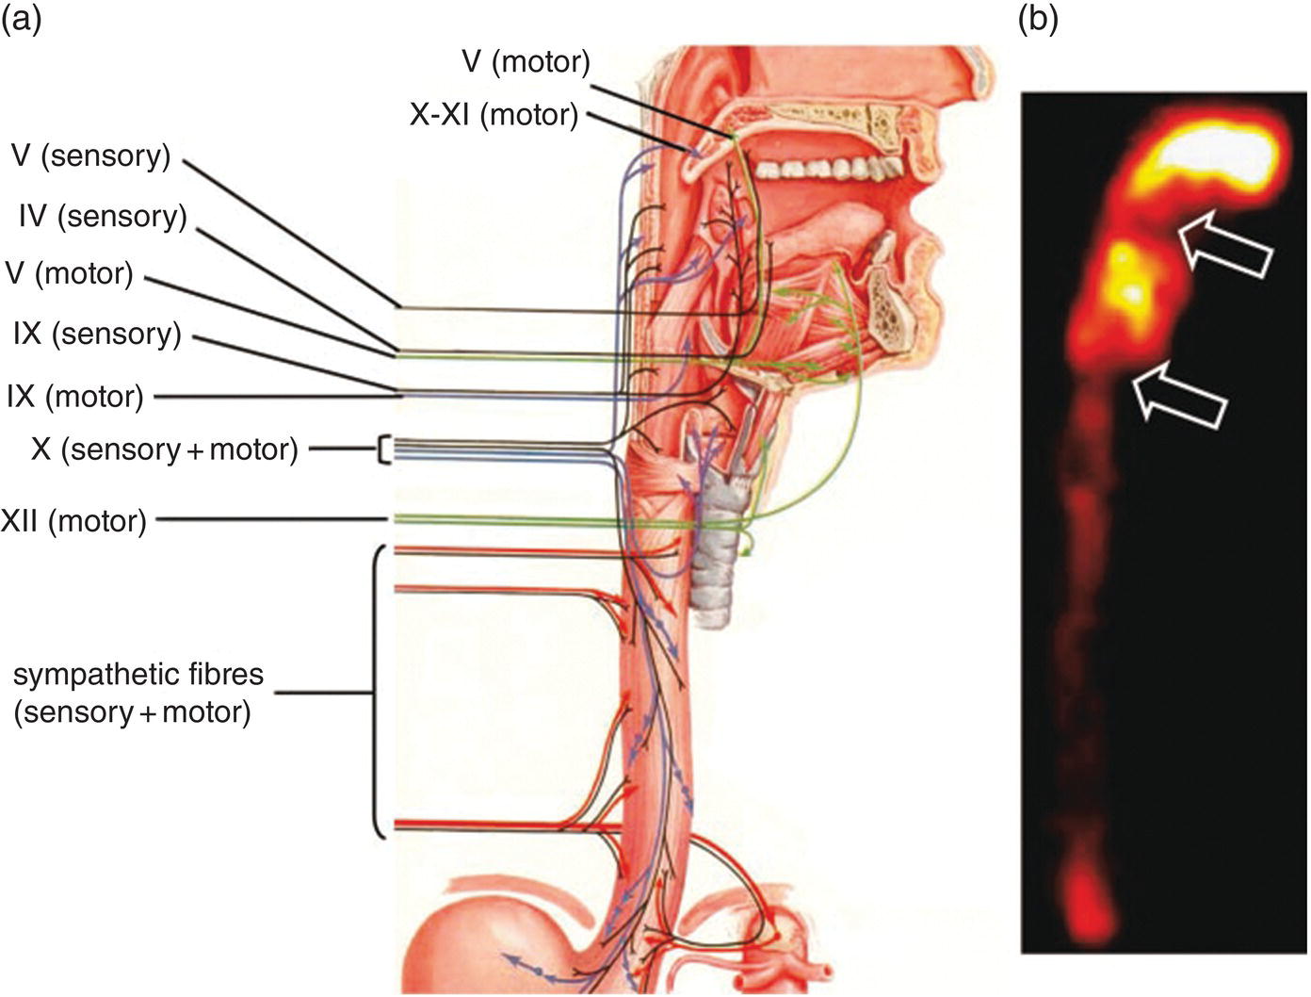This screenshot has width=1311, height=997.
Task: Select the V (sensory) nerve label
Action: (90, 156)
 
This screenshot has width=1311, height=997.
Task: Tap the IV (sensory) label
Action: (102, 217)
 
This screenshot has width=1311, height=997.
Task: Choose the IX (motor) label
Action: (75, 396)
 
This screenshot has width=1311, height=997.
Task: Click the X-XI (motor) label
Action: (493, 115)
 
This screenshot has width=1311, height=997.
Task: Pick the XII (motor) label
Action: (73, 520)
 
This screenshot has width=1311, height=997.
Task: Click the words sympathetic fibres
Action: (138, 676)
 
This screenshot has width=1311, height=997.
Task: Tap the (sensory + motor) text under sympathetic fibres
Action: (132, 711)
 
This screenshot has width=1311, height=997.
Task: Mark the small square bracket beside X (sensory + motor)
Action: (383, 450)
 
